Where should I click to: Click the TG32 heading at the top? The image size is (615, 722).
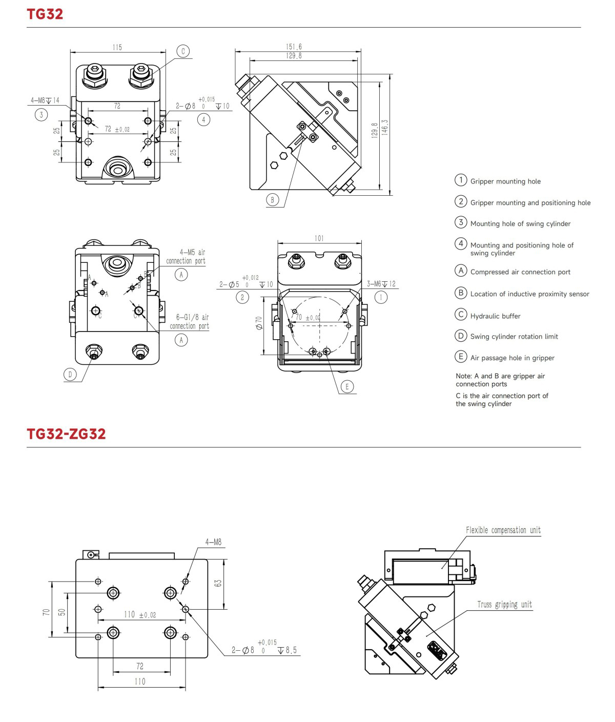pyautogui.click(x=45, y=14)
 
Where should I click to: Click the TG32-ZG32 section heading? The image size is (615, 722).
pyautogui.click(x=66, y=434)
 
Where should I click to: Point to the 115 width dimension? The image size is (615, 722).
pyautogui.click(x=117, y=48)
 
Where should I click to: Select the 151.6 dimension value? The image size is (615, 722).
pyautogui.click(x=294, y=47)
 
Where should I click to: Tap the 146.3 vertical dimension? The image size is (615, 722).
pyautogui.click(x=385, y=128)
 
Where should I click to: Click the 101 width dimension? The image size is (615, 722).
pyautogui.click(x=319, y=238)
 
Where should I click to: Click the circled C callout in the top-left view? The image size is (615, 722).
pyautogui.click(x=183, y=51)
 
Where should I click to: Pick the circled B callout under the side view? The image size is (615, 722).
pyautogui.click(x=272, y=200)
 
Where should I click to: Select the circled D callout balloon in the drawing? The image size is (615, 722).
pyautogui.click(x=70, y=375)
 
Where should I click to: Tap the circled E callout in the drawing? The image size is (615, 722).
pyautogui.click(x=347, y=386)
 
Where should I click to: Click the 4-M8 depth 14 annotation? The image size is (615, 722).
pyautogui.click(x=45, y=100)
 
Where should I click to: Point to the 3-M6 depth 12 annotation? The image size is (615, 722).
pyautogui.click(x=381, y=284)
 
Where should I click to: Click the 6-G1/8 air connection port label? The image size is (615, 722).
pyautogui.click(x=190, y=322)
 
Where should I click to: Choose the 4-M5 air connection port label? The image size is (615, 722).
pyautogui.click(x=186, y=256)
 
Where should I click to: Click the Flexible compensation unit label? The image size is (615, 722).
pyautogui.click(x=503, y=530)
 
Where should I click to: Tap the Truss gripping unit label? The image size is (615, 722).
pyautogui.click(x=504, y=605)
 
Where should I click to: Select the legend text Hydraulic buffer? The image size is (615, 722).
pyautogui.click(x=495, y=316)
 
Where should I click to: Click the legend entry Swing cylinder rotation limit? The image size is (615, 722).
pyautogui.click(x=514, y=337)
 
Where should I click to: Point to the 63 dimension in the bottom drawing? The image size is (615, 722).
pyautogui.click(x=218, y=583)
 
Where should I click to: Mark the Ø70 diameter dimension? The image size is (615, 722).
pyautogui.click(x=259, y=323)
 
